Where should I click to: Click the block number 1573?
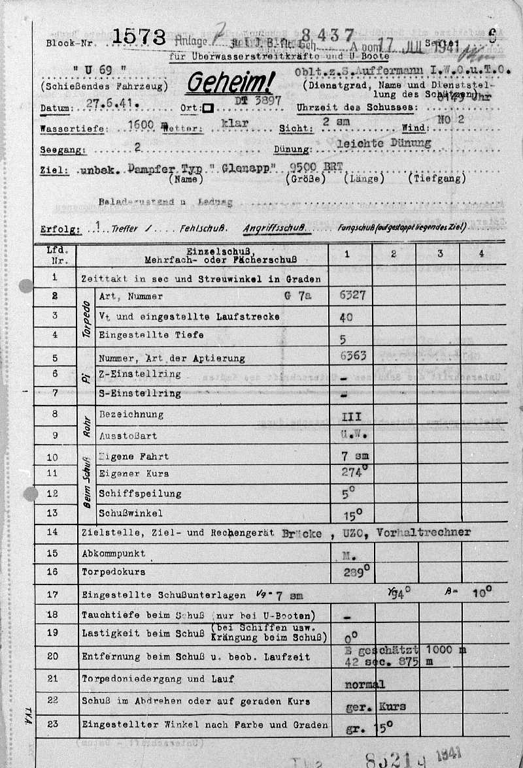click(x=139, y=38)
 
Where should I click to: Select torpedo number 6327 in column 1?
click(x=353, y=296)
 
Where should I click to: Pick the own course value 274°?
click(x=356, y=472)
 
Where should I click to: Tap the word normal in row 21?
click(x=364, y=684)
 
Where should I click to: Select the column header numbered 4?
click(x=482, y=253)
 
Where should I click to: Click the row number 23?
click(x=53, y=723)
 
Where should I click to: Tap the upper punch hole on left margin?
click(x=26, y=286)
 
